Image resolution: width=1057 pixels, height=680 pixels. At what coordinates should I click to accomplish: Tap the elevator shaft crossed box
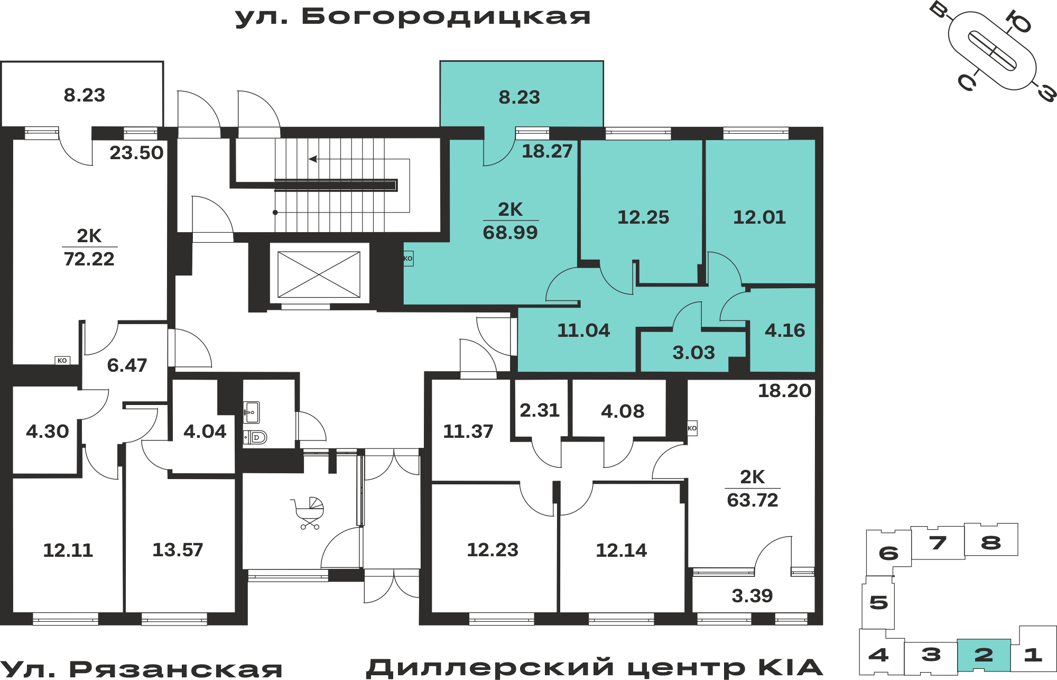click(319, 274)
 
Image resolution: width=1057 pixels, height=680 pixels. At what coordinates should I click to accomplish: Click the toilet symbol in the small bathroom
click(255, 437)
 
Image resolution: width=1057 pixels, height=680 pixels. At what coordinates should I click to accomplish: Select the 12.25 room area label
click(643, 217)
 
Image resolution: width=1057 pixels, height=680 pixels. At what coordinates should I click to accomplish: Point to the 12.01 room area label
click(759, 217)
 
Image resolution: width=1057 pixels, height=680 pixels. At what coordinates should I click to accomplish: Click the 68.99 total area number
click(510, 233)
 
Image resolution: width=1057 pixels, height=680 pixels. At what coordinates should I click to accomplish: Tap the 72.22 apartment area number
click(89, 259)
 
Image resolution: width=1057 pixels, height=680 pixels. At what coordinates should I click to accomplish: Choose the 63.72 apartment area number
click(753, 500)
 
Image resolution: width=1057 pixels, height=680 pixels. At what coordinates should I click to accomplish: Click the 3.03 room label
click(693, 353)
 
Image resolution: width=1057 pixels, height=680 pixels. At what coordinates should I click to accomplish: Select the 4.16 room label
click(785, 330)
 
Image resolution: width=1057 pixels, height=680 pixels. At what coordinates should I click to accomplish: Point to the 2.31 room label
click(540, 410)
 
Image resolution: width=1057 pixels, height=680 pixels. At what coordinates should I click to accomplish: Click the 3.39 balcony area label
click(752, 596)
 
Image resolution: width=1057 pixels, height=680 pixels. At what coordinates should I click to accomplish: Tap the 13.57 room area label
click(178, 550)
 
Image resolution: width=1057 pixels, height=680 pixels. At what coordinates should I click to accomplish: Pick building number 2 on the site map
click(984, 655)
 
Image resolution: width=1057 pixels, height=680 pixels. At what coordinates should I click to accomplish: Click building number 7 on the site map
click(938, 543)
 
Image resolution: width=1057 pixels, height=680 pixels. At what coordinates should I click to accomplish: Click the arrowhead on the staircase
click(313, 159)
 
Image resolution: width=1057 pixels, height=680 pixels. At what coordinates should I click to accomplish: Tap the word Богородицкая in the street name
click(446, 17)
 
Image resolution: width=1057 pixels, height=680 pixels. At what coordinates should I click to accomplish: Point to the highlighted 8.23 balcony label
click(520, 97)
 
